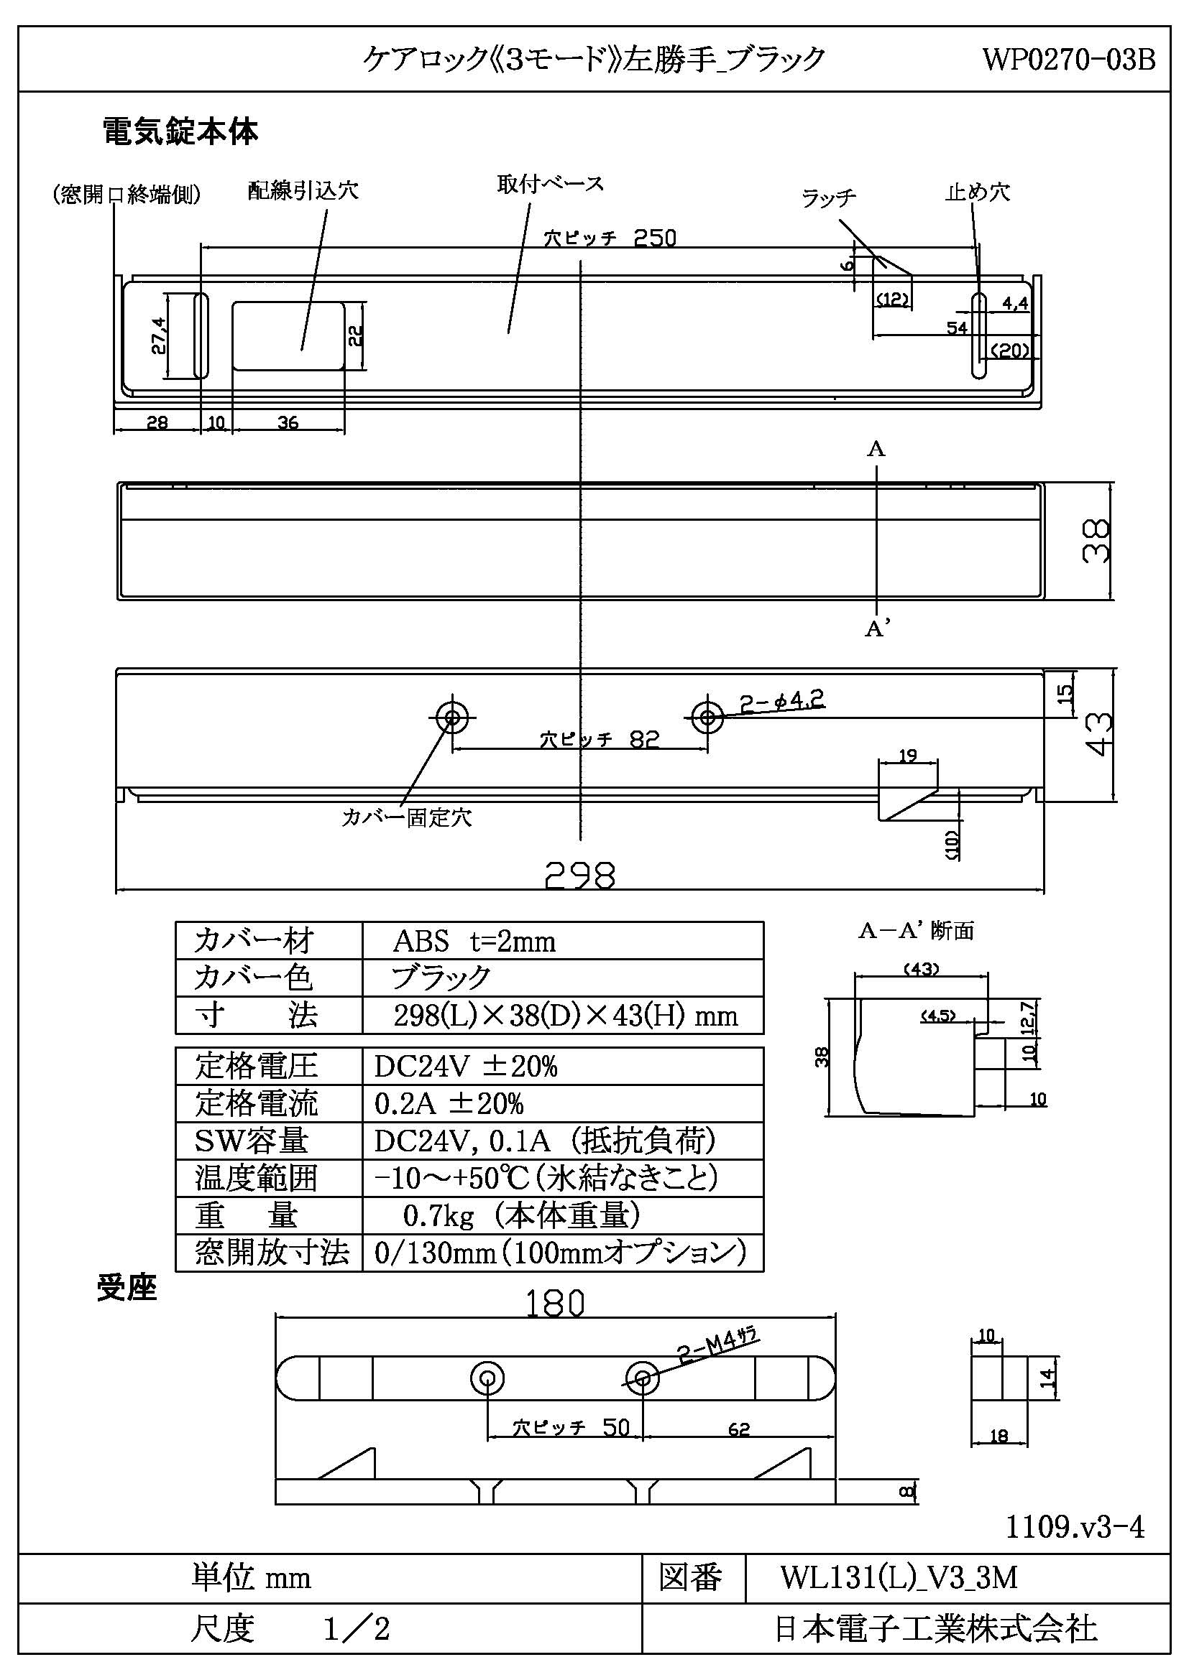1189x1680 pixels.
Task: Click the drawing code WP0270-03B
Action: (x=1068, y=58)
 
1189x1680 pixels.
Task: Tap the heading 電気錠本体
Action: (x=180, y=131)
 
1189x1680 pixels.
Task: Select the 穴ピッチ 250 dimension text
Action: (x=610, y=238)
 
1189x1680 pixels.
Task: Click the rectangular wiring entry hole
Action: (x=288, y=336)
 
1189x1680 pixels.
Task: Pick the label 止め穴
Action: (x=978, y=192)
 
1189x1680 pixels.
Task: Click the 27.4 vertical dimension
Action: (x=159, y=336)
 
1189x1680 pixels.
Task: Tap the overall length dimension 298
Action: (x=580, y=875)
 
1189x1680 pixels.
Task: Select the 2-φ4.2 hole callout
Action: (x=782, y=701)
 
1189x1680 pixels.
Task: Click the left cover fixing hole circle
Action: (x=451, y=717)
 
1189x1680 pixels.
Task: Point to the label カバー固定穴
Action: (x=406, y=817)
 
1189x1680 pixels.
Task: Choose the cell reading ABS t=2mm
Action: (x=474, y=941)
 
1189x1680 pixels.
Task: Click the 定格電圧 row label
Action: (x=256, y=1065)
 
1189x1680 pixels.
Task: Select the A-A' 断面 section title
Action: (x=916, y=931)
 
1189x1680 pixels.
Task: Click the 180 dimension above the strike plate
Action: (x=555, y=1303)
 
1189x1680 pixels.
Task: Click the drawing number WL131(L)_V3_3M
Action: (x=899, y=1577)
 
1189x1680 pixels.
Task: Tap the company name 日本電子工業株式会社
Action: (x=936, y=1629)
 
